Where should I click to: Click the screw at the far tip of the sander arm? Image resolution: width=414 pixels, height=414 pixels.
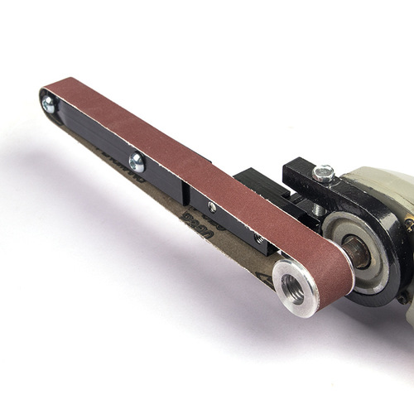[x=49, y=105]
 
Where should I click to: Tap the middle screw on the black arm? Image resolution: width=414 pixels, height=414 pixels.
[x=137, y=163]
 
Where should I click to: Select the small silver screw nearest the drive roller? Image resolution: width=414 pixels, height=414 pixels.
[x=213, y=207]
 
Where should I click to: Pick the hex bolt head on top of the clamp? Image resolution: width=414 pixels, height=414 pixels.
[x=323, y=173]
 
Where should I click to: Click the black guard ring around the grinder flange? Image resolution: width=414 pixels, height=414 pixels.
[x=368, y=282]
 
